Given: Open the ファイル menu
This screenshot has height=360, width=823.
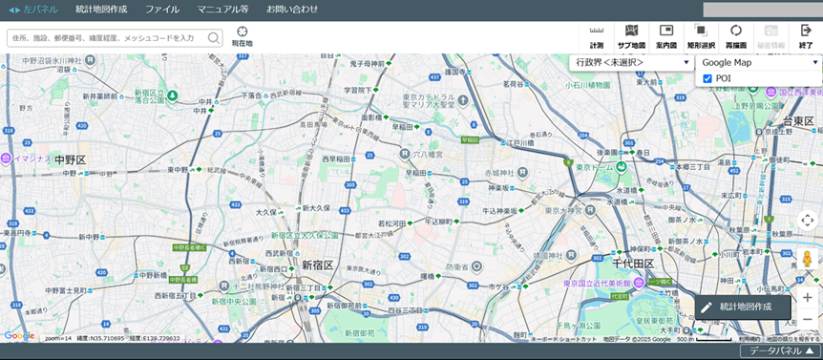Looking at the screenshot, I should (x=161, y=10).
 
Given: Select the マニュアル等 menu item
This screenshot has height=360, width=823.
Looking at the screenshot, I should (x=222, y=10).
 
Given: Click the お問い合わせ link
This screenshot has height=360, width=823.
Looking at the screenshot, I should (x=292, y=10).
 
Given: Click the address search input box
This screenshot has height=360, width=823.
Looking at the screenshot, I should (x=106, y=38).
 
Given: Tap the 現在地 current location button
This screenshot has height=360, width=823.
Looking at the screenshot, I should (x=242, y=36).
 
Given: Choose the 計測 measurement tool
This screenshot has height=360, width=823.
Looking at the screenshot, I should (x=597, y=36).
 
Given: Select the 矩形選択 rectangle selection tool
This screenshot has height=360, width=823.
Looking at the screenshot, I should (x=701, y=36).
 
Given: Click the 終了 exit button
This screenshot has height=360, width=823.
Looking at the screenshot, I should (x=806, y=36).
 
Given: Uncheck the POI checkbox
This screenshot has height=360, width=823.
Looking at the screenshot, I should (x=707, y=78).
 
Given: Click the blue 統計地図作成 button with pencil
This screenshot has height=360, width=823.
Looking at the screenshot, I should (x=743, y=307).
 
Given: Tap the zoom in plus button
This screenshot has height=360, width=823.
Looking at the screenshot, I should (x=807, y=297).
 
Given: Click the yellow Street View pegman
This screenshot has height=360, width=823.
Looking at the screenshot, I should (x=807, y=260).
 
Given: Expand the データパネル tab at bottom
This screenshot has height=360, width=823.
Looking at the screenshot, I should (x=780, y=351).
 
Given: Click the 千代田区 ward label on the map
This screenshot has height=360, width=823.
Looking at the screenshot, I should (x=633, y=264).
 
